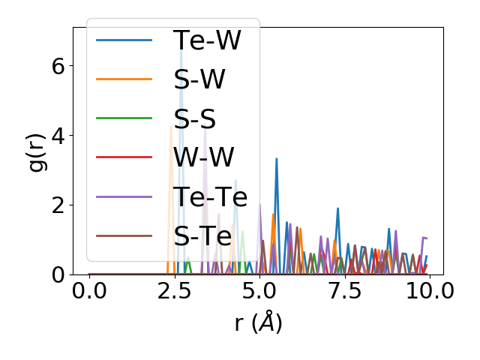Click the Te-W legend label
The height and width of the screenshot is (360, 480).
click(207, 40)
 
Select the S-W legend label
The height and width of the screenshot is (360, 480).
click(199, 79)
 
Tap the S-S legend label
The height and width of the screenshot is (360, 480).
click(196, 118)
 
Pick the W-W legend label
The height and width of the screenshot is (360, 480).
click(204, 157)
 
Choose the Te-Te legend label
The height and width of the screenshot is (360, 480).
click(211, 196)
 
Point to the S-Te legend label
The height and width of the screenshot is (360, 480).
click(203, 235)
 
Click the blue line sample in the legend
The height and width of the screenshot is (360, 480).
click(125, 40)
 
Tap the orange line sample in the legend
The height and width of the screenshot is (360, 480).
click(125, 79)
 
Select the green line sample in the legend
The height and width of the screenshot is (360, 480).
click(125, 118)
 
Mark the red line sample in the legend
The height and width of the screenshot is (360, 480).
click(125, 157)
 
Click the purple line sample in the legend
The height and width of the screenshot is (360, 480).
click(125, 196)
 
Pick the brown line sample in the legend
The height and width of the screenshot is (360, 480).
click(125, 235)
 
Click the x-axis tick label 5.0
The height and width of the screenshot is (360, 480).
click(259, 291)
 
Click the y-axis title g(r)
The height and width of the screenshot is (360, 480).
click(36, 150)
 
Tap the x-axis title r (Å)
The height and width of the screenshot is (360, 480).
click(259, 322)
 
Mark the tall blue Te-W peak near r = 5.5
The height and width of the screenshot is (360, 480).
click(277, 160)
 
